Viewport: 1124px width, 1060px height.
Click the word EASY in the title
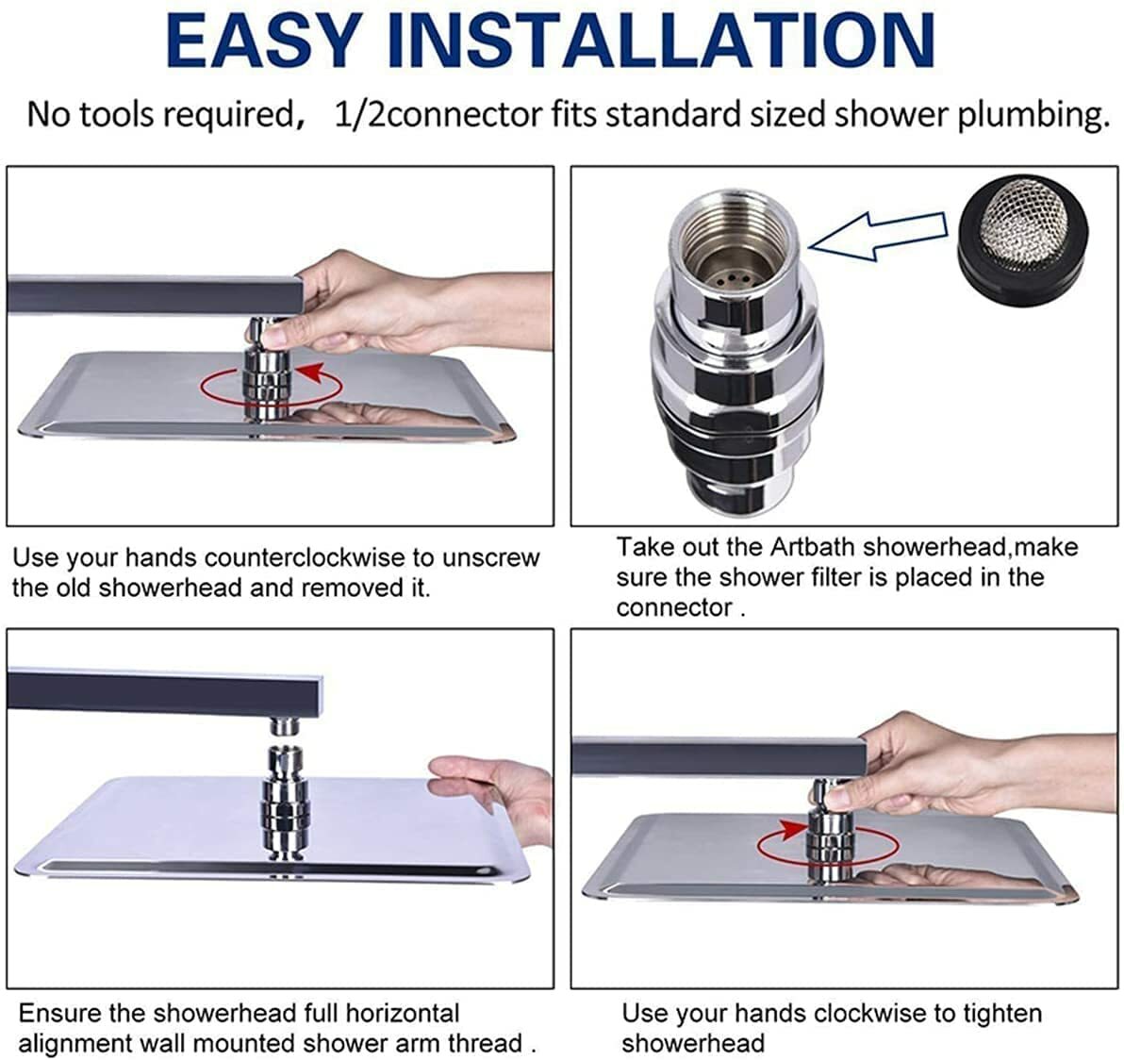(264, 40)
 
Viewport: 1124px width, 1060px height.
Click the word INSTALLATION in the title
(662, 40)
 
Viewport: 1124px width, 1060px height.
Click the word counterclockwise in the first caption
(308, 557)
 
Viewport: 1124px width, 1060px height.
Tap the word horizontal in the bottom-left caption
(402, 1014)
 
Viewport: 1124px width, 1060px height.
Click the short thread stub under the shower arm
(285, 724)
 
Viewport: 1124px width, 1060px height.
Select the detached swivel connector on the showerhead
(285, 802)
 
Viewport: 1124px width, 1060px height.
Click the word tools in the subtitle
(105, 115)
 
